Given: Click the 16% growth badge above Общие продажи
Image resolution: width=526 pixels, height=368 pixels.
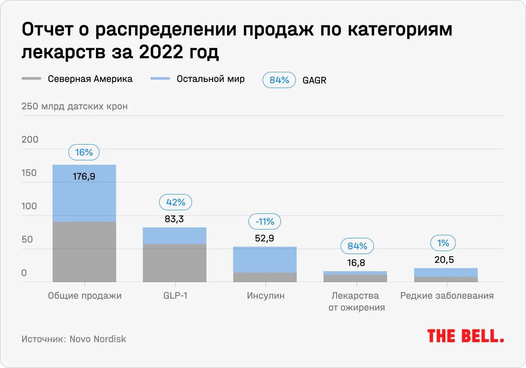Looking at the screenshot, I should [x=84, y=152].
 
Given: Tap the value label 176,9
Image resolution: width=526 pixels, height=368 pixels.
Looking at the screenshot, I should [x=84, y=177].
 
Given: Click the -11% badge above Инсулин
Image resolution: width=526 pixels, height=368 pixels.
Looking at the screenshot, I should [x=265, y=222].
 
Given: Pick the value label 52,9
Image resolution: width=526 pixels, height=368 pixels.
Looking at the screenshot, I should [x=264, y=239].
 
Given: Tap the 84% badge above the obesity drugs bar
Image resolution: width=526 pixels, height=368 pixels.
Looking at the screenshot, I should [x=357, y=246].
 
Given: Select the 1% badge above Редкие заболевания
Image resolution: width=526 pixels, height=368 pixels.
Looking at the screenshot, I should [x=444, y=243].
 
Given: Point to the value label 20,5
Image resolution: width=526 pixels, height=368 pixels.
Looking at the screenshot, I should [x=444, y=260].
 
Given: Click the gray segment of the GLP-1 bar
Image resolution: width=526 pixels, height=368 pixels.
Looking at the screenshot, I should [x=174, y=263].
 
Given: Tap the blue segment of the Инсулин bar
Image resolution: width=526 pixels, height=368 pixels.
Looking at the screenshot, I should [x=265, y=260].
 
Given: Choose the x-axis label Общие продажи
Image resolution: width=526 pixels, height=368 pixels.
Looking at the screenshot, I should [x=85, y=296].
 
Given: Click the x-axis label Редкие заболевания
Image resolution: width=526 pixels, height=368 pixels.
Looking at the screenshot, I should [x=447, y=296].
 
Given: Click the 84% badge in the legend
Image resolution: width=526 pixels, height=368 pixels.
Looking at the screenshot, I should [x=279, y=80].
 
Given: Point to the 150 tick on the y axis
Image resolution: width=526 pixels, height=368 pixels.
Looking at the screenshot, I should [x=30, y=173].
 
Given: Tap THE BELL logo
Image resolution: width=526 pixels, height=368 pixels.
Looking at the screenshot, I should [x=466, y=336].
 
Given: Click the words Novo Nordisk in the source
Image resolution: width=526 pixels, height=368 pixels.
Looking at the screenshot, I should [x=98, y=339].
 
